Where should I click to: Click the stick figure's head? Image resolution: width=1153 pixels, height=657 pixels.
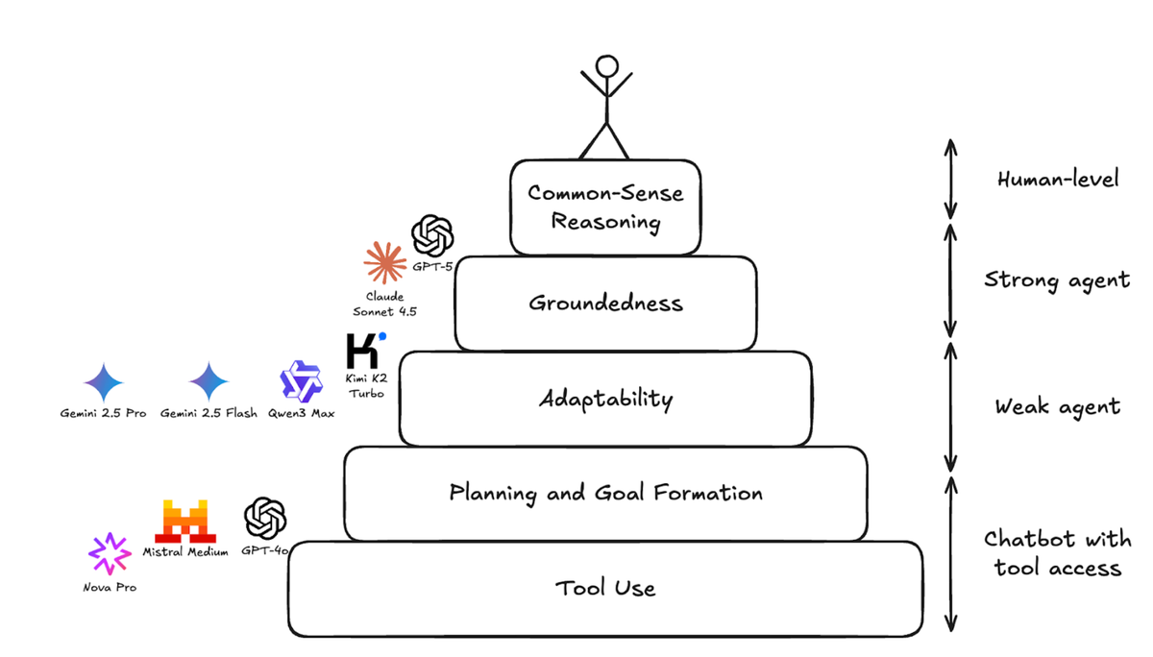(x=606, y=66)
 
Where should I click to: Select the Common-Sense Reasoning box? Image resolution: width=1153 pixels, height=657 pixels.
(x=605, y=207)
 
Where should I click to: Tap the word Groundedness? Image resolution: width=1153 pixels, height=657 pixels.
(x=605, y=304)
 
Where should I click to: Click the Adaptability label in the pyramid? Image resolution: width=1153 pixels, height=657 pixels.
(x=605, y=399)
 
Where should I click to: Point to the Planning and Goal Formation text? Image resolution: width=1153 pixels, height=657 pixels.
(x=605, y=494)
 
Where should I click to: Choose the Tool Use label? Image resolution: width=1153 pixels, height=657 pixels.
(x=605, y=588)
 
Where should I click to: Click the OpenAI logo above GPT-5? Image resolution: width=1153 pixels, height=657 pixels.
(x=432, y=234)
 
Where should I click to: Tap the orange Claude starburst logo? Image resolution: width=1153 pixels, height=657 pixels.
(x=383, y=262)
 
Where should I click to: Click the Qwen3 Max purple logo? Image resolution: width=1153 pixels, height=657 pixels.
(x=301, y=381)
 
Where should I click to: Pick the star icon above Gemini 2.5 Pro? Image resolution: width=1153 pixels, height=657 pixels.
(x=104, y=382)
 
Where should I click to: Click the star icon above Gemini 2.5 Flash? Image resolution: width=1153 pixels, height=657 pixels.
(x=209, y=382)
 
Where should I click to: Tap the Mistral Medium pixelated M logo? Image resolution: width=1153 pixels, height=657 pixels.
(x=185, y=522)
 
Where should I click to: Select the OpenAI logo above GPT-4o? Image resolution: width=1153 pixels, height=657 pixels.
(x=265, y=519)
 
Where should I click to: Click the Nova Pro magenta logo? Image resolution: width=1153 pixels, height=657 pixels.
(x=110, y=554)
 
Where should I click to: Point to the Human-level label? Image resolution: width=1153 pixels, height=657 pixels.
(x=1057, y=180)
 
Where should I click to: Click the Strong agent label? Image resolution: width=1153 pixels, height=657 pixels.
(x=1057, y=280)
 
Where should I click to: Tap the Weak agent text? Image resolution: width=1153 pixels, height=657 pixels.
(x=1057, y=406)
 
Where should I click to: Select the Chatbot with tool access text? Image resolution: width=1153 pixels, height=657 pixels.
(x=1057, y=553)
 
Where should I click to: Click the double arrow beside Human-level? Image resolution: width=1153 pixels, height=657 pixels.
(x=950, y=179)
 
